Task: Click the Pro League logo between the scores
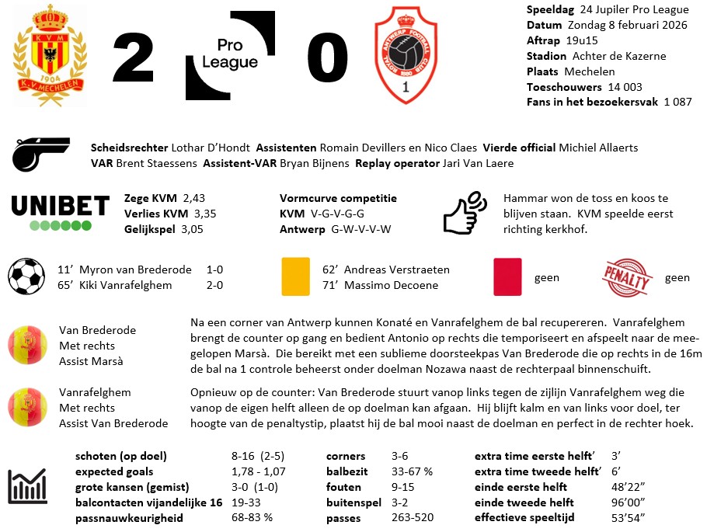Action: [x=230, y=55]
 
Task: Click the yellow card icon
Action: [x=294, y=276]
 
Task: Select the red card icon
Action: [x=508, y=276]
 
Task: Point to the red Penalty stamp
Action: [x=627, y=276]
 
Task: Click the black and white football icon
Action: [x=26, y=277]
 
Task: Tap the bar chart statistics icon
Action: [x=27, y=487]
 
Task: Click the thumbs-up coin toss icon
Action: [x=464, y=213]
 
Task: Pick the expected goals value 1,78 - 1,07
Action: [x=259, y=471]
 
